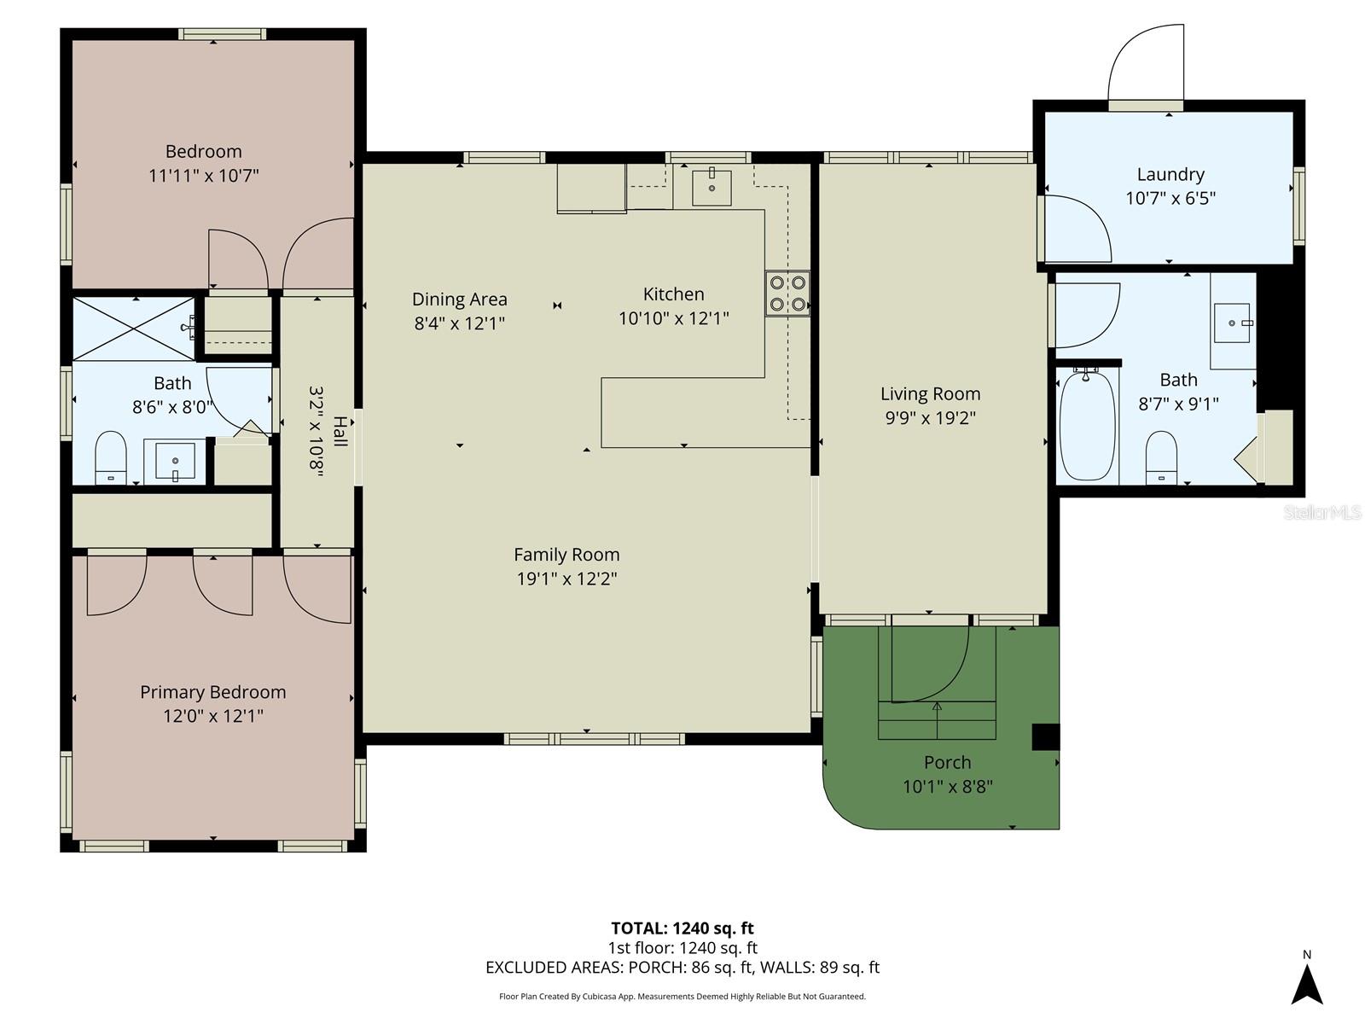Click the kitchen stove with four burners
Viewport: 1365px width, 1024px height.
[787, 293]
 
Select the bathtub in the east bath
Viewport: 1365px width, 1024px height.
[1087, 426]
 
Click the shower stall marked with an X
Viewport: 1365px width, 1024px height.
[133, 329]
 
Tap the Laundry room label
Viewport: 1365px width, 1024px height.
[1170, 174]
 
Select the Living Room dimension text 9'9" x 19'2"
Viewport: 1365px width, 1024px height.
[929, 418]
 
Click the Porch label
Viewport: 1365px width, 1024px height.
[947, 762]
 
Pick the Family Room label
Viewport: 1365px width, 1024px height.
[566, 555]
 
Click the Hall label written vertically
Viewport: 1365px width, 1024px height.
[340, 432]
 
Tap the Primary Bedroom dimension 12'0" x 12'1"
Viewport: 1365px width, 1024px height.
[212, 716]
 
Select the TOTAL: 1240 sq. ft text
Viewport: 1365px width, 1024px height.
[682, 928]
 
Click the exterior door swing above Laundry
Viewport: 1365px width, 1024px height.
[1146, 64]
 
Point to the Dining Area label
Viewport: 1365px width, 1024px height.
[459, 300]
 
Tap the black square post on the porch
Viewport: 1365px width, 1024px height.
[1045, 736]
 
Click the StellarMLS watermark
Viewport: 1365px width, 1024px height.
[1321, 512]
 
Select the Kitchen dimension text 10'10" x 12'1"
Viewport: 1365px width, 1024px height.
[673, 318]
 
